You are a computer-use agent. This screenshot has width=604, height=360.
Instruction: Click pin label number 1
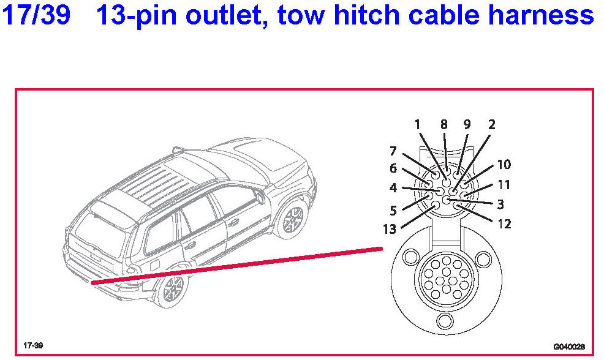click(418, 125)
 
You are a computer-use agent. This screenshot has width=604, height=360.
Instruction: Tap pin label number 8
click(444, 125)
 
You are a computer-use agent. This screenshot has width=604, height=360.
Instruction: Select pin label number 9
click(467, 125)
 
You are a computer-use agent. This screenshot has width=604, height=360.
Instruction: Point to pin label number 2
click(491, 125)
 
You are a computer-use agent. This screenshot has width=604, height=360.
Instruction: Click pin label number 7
click(393, 151)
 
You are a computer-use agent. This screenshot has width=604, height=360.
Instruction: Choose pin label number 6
click(393, 169)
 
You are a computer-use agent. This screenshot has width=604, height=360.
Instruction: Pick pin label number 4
click(393, 188)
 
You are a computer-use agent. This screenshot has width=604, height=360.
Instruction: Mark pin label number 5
click(393, 211)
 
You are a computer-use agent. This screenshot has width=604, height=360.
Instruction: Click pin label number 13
click(390, 230)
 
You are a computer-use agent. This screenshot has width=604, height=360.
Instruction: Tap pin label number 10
click(504, 165)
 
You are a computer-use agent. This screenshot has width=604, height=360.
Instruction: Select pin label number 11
click(504, 184)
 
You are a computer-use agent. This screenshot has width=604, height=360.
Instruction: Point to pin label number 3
click(500, 204)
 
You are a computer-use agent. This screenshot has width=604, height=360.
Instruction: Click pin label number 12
click(504, 224)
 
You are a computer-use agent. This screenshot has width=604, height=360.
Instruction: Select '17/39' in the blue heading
click(37, 16)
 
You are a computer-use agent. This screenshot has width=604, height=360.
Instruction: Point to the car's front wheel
click(291, 219)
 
